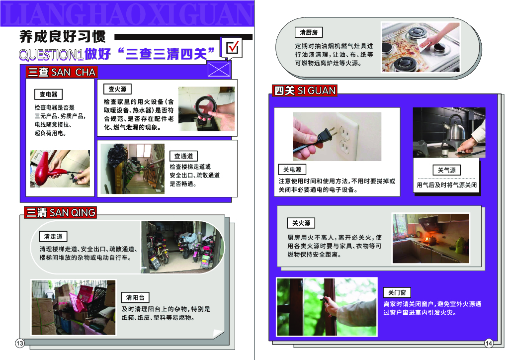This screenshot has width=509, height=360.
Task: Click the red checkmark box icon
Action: pos(233,48)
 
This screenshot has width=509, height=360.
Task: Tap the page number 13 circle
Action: pos(20,344)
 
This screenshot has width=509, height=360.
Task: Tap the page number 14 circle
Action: pos(489,343)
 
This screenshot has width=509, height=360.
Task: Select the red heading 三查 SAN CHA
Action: pos(61,72)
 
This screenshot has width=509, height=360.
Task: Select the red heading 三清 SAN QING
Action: pos(60,213)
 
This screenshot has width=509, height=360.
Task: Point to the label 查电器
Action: pos(48,94)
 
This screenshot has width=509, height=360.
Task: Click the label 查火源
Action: pos(117,89)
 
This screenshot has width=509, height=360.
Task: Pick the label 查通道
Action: pos(183,156)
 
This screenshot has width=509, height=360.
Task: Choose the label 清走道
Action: pos(53,236)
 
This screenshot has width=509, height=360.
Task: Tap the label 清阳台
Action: pos(135,297)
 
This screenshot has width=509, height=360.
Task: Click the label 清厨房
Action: pos(308,33)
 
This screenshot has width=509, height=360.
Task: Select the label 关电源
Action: pos(292,170)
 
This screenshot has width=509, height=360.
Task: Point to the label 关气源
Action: pos(446,170)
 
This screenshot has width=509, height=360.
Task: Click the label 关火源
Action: pos(301,223)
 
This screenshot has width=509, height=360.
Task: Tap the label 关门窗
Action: pos(397,292)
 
